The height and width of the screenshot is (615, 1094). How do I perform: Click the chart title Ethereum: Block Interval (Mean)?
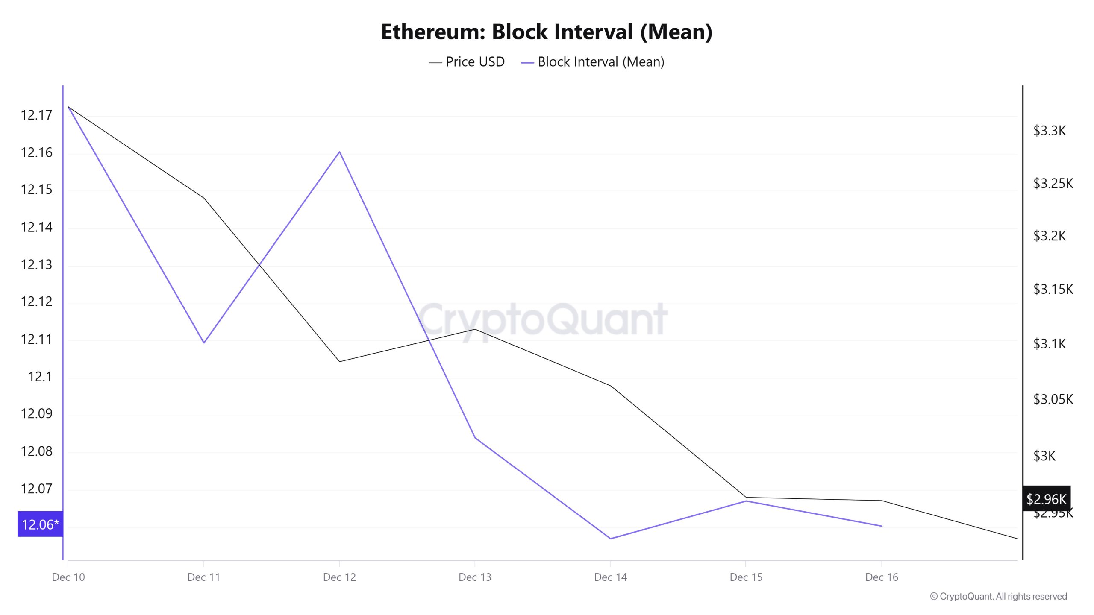tap(547, 32)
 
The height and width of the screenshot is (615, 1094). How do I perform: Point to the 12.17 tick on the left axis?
tap(36, 115)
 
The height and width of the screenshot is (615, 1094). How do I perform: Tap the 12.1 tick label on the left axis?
tap(40, 377)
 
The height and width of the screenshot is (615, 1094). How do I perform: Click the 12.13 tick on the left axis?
tap(36, 265)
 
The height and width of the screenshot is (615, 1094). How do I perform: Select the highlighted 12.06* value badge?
tap(40, 524)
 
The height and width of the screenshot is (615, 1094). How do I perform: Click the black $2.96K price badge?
tap(1046, 499)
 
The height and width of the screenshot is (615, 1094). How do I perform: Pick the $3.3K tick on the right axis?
tap(1050, 131)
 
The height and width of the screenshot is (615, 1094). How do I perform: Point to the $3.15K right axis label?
tap(1053, 290)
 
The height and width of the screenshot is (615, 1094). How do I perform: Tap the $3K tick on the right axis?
tap(1044, 456)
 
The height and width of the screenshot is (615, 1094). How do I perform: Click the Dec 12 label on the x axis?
tap(339, 577)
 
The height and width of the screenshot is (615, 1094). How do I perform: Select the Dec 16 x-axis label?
tap(882, 577)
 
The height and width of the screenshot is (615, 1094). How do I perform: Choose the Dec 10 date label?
tap(68, 577)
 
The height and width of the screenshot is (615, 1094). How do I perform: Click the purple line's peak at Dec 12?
tap(339, 152)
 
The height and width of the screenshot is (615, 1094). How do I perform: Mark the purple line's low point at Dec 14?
tap(610, 539)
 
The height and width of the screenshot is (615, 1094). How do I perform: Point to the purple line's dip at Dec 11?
tap(204, 343)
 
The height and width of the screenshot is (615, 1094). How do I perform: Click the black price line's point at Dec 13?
tap(475, 329)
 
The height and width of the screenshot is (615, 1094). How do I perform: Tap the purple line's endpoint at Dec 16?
tap(882, 526)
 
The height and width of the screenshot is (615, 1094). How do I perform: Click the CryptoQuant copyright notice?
tap(998, 597)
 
